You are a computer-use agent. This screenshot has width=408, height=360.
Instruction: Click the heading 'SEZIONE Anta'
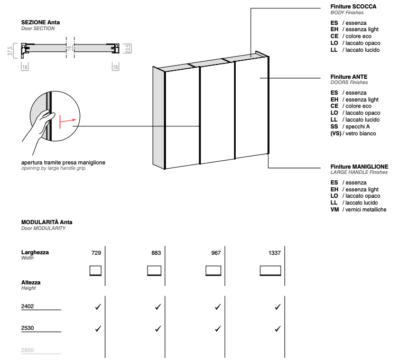pyautogui.click(x=41, y=22)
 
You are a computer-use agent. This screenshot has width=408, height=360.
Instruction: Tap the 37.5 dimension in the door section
pyautogui.click(x=10, y=50)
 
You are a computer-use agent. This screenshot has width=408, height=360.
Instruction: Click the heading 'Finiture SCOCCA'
pyautogui.click(x=353, y=6)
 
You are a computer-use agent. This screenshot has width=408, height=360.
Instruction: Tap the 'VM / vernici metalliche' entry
pyautogui.click(x=358, y=209)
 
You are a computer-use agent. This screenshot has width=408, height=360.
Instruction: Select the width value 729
pyautogui.click(x=96, y=253)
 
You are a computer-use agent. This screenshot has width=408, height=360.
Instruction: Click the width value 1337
pyautogui.click(x=274, y=253)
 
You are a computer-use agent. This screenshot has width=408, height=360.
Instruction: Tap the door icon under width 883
pyautogui.click(x=154, y=271)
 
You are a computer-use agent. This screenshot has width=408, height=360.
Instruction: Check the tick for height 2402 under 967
pyautogui.click(x=217, y=307)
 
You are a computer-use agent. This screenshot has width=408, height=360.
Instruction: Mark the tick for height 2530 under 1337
pyautogui.click(x=277, y=328)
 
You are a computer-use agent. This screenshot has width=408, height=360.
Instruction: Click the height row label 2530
pyautogui.click(x=27, y=328)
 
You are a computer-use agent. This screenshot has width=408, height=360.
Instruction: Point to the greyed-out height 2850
pyautogui.click(x=27, y=350)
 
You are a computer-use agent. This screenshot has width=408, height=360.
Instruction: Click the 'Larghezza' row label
pyautogui.click(x=35, y=252)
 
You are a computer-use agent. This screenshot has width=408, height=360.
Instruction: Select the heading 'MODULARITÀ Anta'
pyautogui.click(x=47, y=222)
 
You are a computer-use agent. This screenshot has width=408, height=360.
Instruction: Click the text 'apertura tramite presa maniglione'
pyautogui.click(x=63, y=162)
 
